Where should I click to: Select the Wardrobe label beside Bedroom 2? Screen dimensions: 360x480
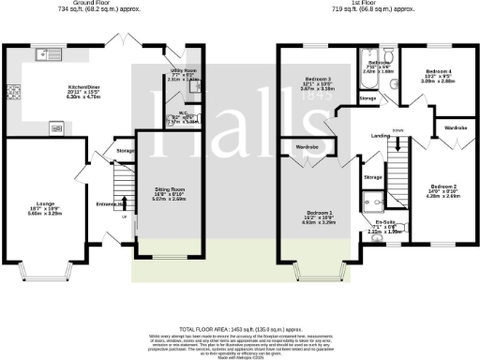[x=457, y=127]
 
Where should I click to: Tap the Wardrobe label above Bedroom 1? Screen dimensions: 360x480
[x=307, y=147]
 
